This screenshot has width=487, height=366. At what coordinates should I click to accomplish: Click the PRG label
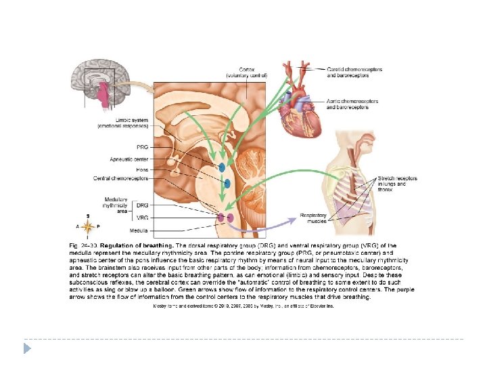click(142, 147)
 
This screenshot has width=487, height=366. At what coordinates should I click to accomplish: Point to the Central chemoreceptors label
click(121, 178)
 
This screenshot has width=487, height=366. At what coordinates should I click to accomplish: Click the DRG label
click(142, 205)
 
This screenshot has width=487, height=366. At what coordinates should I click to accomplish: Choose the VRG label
click(142, 217)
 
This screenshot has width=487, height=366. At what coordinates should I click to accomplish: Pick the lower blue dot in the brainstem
click(227, 184)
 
